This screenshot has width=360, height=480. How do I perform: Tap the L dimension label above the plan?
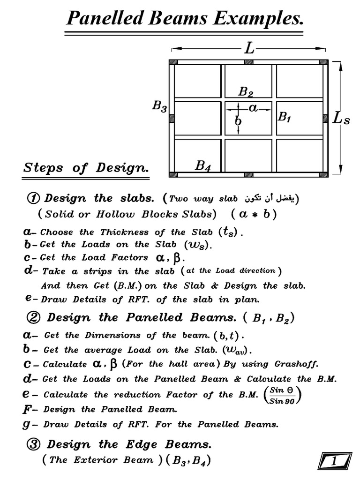249,49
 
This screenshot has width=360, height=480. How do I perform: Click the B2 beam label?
246,91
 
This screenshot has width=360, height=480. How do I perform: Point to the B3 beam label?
159,106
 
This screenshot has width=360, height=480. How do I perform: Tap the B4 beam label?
202,165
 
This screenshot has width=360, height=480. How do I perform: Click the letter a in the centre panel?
254,108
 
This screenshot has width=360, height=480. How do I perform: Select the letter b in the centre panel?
239,120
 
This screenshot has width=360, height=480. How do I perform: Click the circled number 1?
33,198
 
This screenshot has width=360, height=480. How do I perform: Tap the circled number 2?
33,318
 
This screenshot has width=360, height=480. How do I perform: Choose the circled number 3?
33,444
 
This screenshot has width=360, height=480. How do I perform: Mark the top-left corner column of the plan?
173,62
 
